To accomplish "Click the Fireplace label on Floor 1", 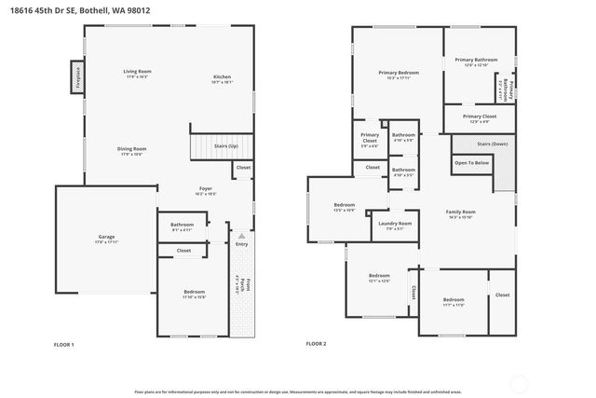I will click(x=77, y=76).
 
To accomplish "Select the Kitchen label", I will click(x=222, y=76).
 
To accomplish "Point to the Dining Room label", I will click(x=131, y=149).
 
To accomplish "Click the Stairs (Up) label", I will click(x=226, y=146).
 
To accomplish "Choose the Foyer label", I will click(x=206, y=188).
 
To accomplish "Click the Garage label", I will click(x=107, y=237).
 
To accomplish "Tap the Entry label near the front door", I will click(x=241, y=244).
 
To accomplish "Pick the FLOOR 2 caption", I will click(x=317, y=344).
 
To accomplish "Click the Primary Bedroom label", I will click(x=398, y=72).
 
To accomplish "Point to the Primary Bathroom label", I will click(x=476, y=60).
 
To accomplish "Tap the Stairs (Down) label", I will click(x=492, y=144).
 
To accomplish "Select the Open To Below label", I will click(x=471, y=163).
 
